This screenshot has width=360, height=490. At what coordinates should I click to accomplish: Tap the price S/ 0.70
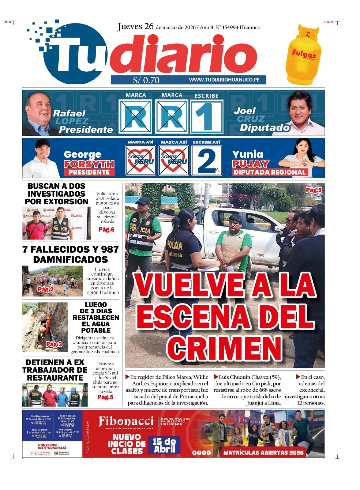pos(146,80)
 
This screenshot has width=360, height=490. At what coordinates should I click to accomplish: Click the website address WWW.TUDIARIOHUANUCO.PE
pos(224,80)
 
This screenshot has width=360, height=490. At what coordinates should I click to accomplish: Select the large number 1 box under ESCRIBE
pos(207,117)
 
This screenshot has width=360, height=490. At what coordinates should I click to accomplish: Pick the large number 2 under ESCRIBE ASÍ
pos(207,160)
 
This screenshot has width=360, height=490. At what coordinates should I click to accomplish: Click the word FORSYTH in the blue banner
pos(89,164)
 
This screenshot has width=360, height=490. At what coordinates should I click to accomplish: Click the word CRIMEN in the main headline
pos(224,349)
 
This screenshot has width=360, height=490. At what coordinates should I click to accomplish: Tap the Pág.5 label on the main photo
pos(314,190)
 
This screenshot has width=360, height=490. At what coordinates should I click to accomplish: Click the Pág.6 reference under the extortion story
pos(106,229)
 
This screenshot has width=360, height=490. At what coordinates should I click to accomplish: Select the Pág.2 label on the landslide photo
pos(46,289)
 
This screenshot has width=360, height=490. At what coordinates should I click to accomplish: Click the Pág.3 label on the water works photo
pos(54,344)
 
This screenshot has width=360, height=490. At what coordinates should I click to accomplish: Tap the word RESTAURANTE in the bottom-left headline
pos(55,378)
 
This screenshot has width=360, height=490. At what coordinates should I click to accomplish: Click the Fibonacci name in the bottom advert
pos(126,422)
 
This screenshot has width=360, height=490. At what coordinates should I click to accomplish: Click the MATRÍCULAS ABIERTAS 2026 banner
pos(263,453)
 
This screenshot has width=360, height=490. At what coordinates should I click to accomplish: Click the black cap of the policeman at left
pos(143,201)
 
